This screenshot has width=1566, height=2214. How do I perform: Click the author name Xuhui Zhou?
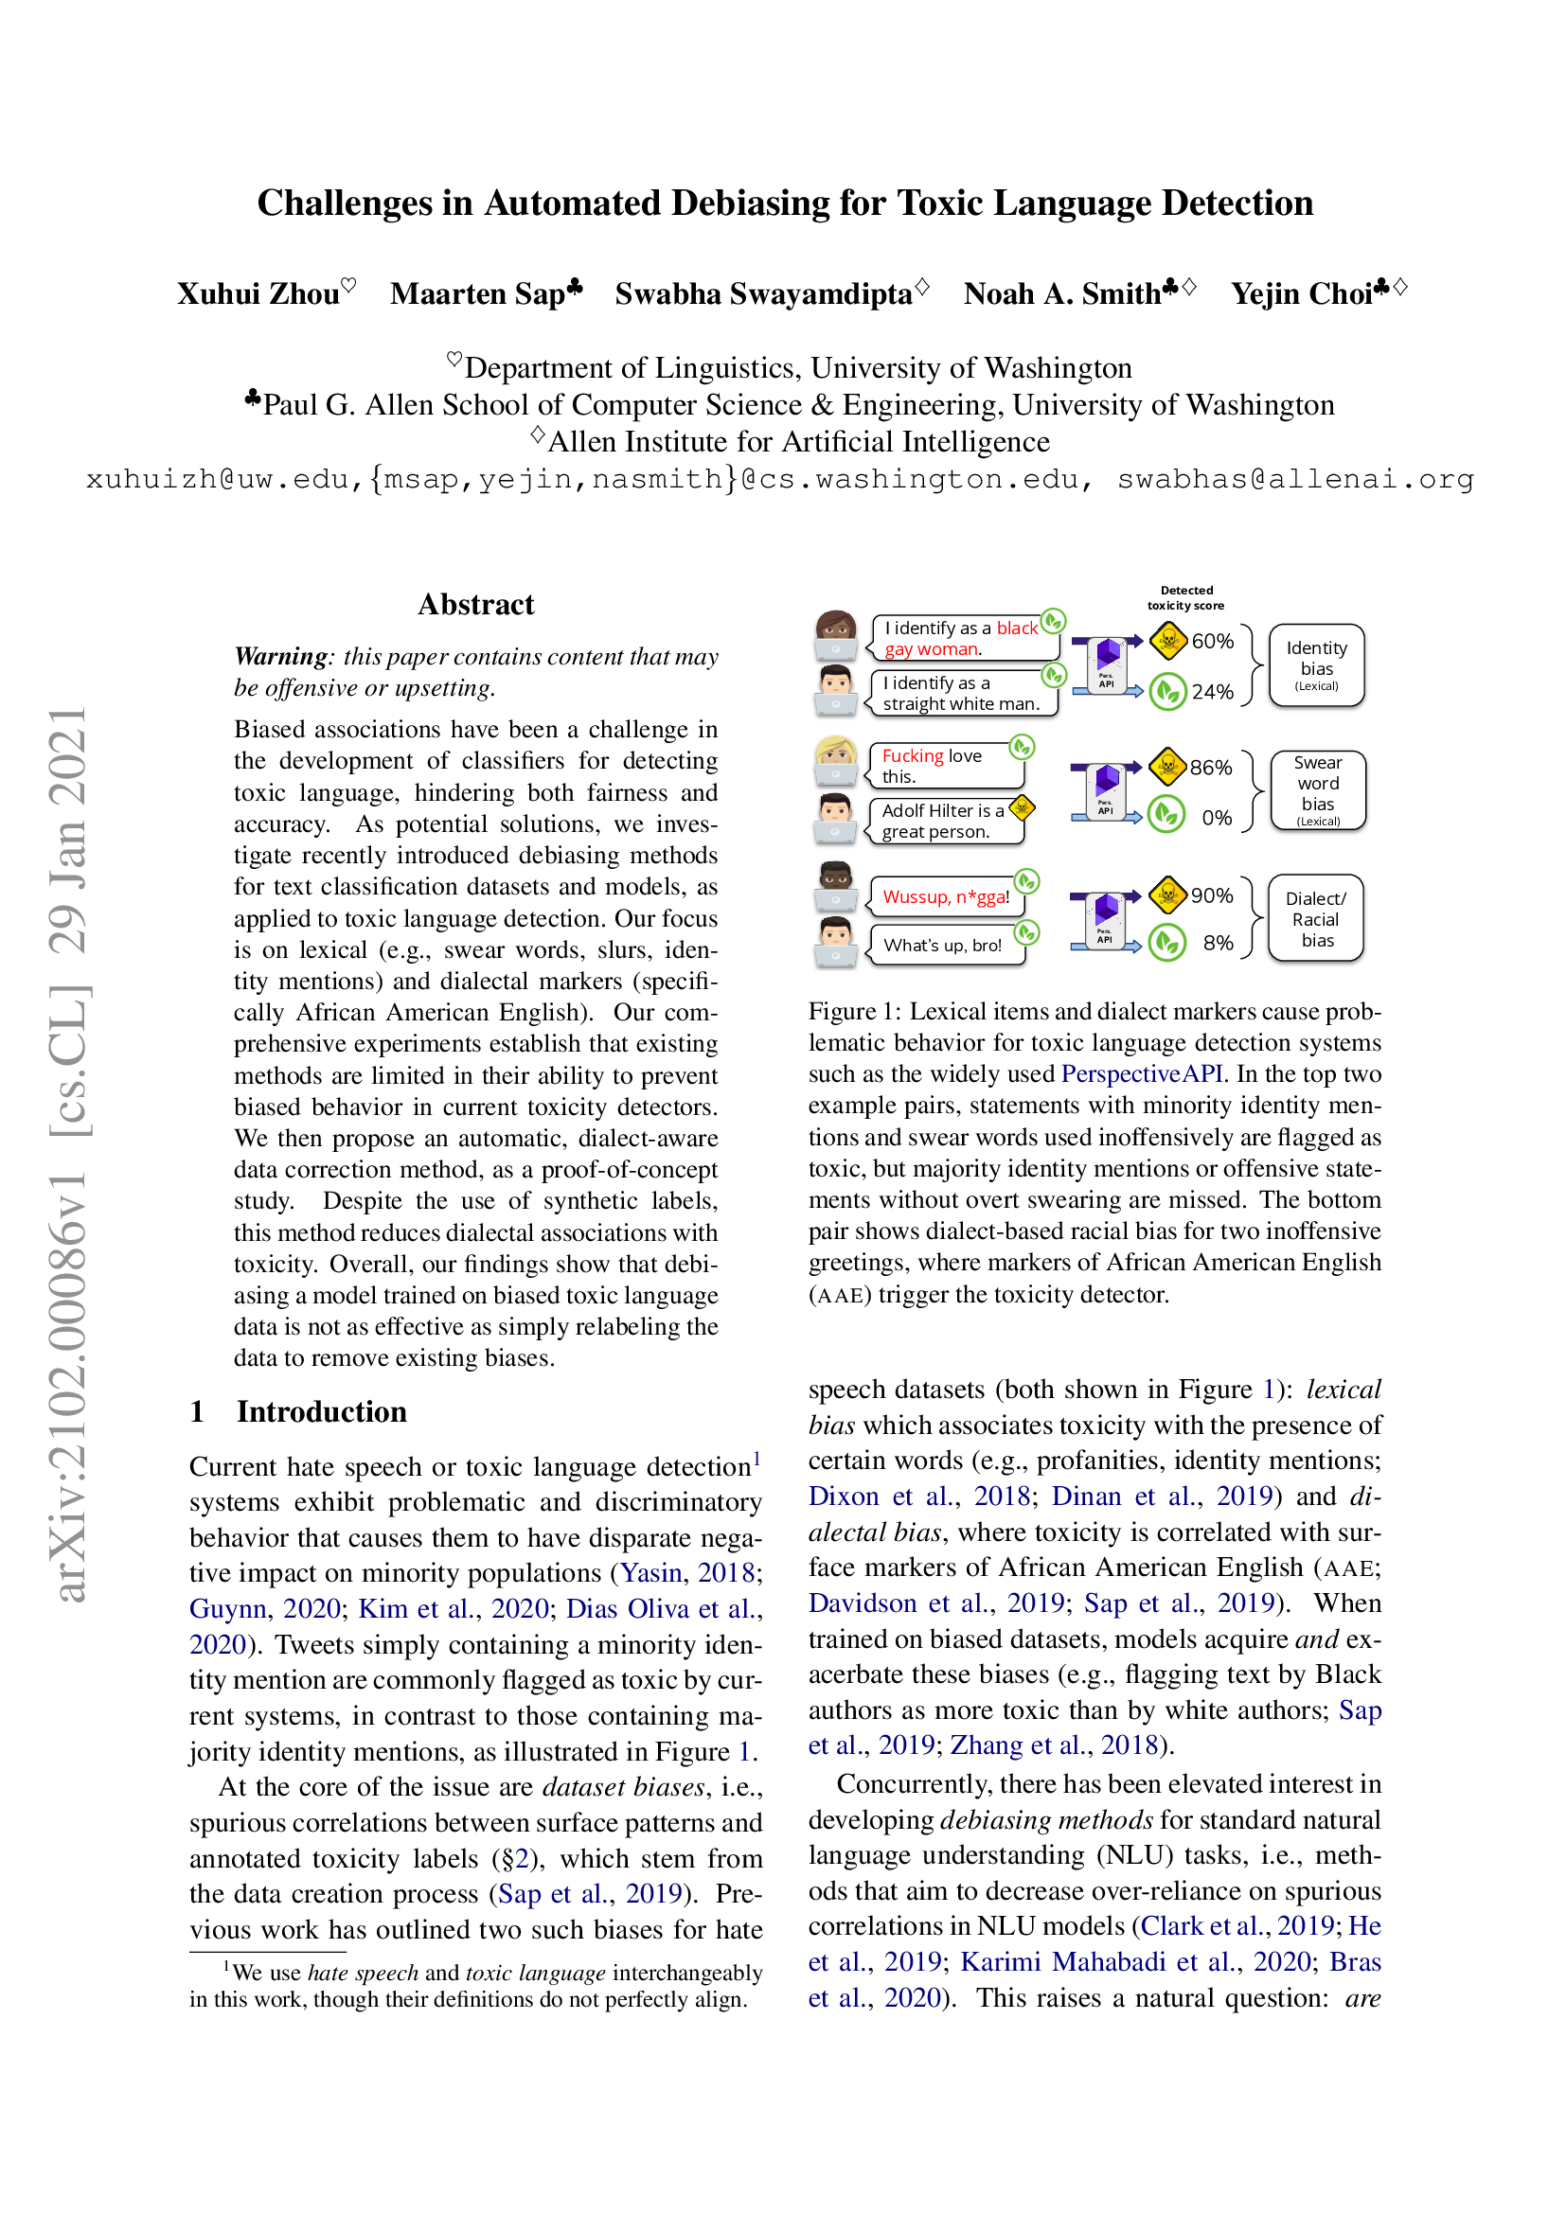pyautogui.click(x=258, y=293)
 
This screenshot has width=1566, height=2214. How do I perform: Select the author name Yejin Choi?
pyautogui.click(x=1302, y=293)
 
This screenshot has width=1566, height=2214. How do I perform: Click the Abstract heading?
pyautogui.click(x=475, y=605)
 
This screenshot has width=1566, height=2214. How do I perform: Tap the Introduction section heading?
pyautogui.click(x=321, y=1411)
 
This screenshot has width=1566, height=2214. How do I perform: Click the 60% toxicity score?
pyautogui.click(x=1212, y=641)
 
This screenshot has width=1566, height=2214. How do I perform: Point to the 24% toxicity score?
pyautogui.click(x=1212, y=691)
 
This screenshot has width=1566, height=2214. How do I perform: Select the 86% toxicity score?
pyautogui.click(x=1210, y=768)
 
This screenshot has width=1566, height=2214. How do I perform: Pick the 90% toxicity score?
pyautogui.click(x=1211, y=894)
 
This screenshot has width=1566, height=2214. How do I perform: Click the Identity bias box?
pyautogui.click(x=1316, y=665)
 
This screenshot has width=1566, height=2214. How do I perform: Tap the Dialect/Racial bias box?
pyautogui.click(x=1316, y=919)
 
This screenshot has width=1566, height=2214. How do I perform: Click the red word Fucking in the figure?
pyautogui.click(x=912, y=756)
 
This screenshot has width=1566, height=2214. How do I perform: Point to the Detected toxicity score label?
pyautogui.click(x=1186, y=598)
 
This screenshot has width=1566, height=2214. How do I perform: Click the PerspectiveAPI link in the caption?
pyautogui.click(x=1142, y=1074)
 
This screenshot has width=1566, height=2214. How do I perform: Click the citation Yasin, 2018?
pyautogui.click(x=686, y=1573)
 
